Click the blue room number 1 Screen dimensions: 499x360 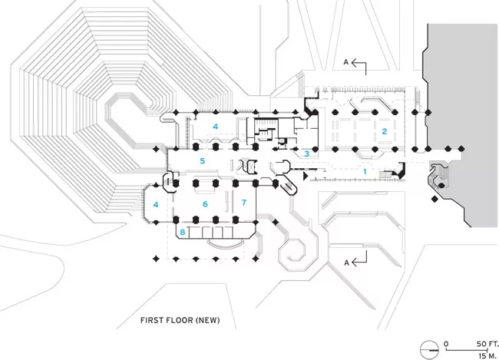(365, 172)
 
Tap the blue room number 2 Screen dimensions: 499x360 (385, 131)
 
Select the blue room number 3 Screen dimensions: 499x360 (306, 154)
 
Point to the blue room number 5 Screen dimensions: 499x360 (203, 161)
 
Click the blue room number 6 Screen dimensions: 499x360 (205, 204)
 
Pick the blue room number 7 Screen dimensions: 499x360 (244, 203)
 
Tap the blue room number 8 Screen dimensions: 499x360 (183, 232)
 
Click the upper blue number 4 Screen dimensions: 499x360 (216, 127)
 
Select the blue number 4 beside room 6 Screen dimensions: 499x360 (156, 204)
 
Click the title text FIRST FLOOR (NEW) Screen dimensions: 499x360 (180, 320)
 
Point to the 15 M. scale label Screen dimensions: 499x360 (487, 355)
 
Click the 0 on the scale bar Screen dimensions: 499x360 (446, 344)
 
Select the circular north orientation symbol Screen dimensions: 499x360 (429, 350)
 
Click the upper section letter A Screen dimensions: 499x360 (346, 62)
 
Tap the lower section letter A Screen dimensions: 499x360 (346, 263)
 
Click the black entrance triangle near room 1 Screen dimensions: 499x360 (306, 176)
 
